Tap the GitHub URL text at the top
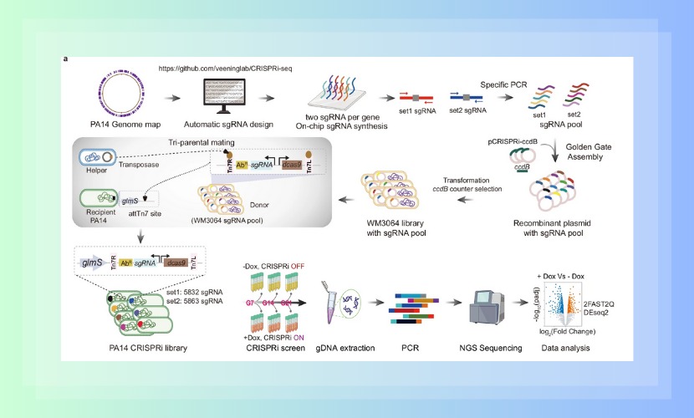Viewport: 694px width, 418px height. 218,67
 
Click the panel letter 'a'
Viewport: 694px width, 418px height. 65,59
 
